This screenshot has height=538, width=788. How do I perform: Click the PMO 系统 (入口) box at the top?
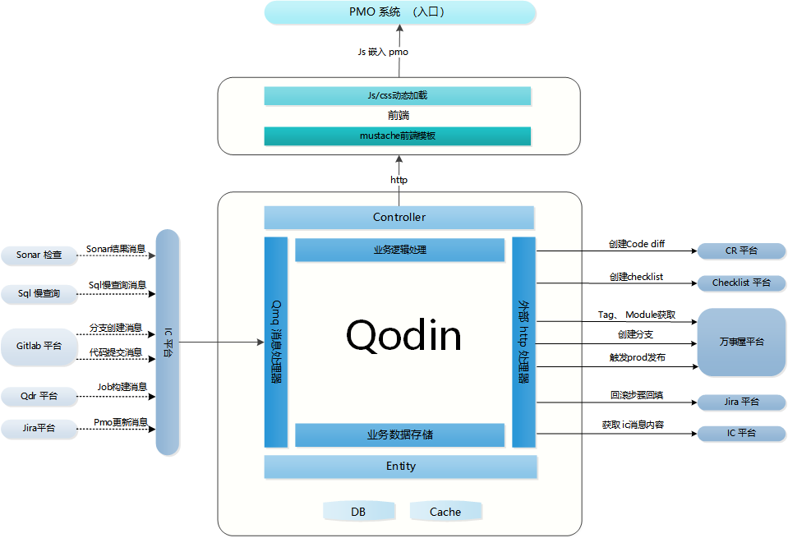(x=399, y=12)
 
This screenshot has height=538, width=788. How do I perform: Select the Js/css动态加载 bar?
(x=397, y=96)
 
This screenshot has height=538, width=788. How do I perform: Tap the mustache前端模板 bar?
(x=397, y=136)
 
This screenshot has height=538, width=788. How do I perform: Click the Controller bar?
(x=399, y=218)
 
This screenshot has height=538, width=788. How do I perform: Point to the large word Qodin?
(x=403, y=335)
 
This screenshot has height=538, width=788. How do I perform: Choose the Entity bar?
(x=400, y=467)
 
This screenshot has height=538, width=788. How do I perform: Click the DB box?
(x=358, y=512)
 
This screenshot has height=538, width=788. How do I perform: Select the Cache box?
(x=445, y=512)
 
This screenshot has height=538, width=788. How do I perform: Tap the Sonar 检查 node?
(x=39, y=255)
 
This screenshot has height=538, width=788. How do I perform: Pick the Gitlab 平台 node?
(x=39, y=346)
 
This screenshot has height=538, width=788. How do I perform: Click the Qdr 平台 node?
(x=39, y=396)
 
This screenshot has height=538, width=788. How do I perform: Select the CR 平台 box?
(x=741, y=251)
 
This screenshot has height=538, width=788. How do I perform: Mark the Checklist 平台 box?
(x=741, y=283)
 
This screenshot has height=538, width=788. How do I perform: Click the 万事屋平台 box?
(x=741, y=342)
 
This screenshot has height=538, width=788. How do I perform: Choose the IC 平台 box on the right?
(x=741, y=433)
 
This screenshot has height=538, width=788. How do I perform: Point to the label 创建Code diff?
(x=637, y=245)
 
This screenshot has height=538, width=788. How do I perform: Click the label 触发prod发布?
(x=637, y=358)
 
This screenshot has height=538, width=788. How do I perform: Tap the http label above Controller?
(x=399, y=180)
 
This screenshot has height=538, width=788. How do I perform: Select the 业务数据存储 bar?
(x=399, y=435)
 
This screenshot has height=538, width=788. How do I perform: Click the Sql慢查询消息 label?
(x=118, y=285)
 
